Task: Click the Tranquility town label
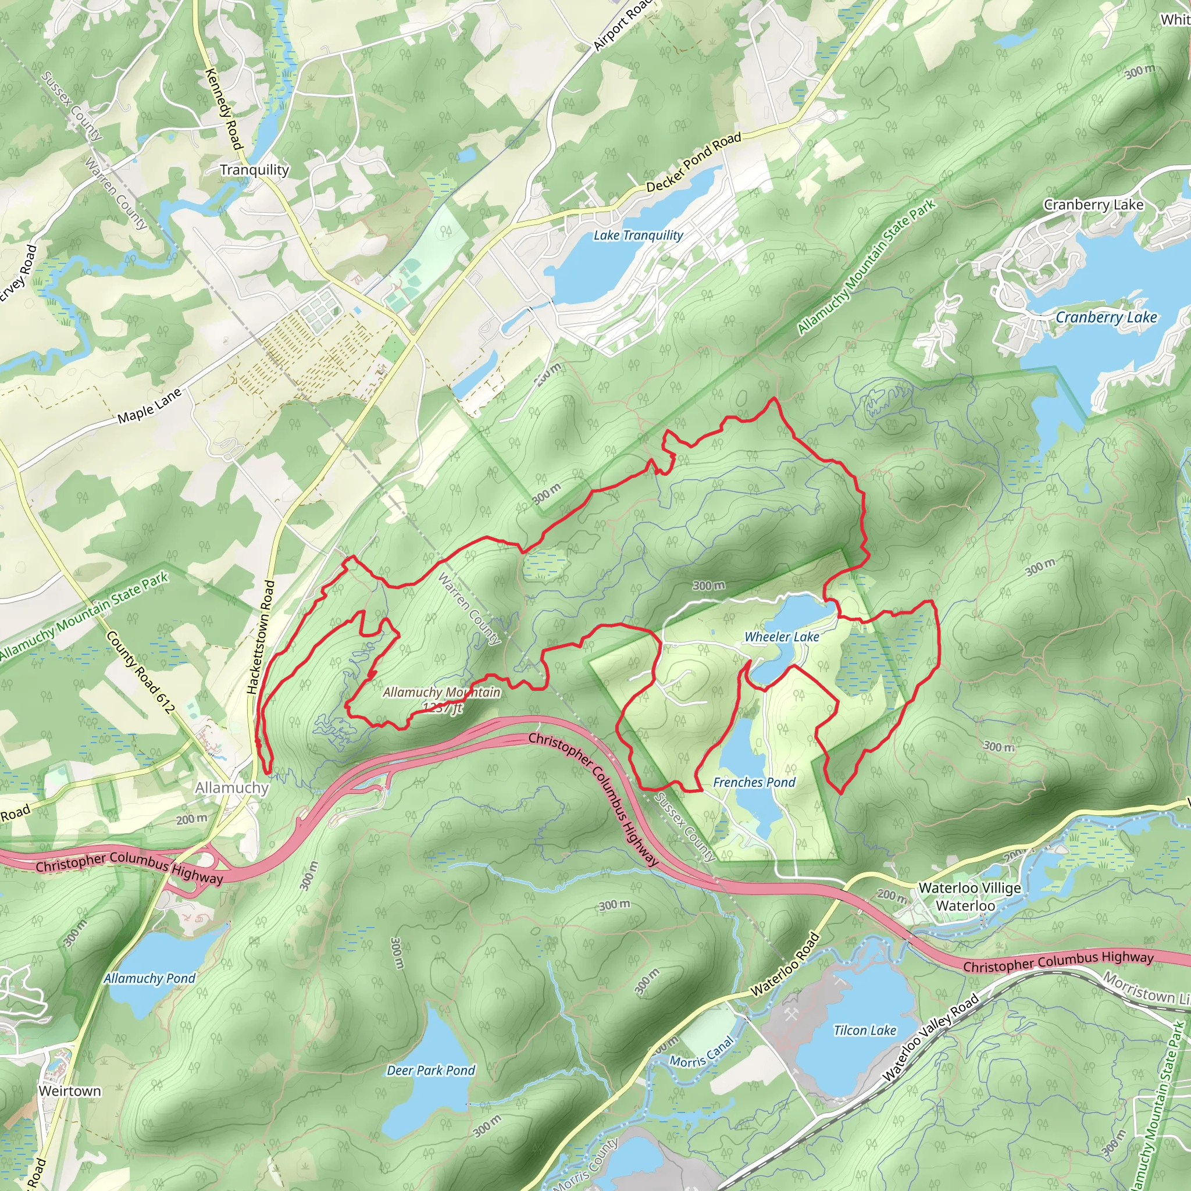pyautogui.click(x=254, y=170)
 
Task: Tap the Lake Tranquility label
pyautogui.click(x=638, y=236)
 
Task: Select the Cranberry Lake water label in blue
pyautogui.click(x=1106, y=318)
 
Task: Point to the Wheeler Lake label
pyautogui.click(x=781, y=637)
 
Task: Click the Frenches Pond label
pyautogui.click(x=754, y=782)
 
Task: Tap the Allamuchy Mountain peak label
pyautogui.click(x=441, y=693)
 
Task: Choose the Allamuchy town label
pyautogui.click(x=232, y=788)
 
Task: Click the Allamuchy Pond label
pyautogui.click(x=149, y=978)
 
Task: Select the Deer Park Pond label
pyautogui.click(x=431, y=1070)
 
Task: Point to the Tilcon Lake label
pyautogui.click(x=865, y=1030)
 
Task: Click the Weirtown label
pyautogui.click(x=70, y=1090)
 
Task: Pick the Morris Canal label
pyautogui.click(x=702, y=1052)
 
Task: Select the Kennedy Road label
pyautogui.click(x=223, y=109)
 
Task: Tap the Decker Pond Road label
pyautogui.click(x=694, y=162)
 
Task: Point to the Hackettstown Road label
pyautogui.click(x=261, y=637)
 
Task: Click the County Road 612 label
pyautogui.click(x=141, y=672)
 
